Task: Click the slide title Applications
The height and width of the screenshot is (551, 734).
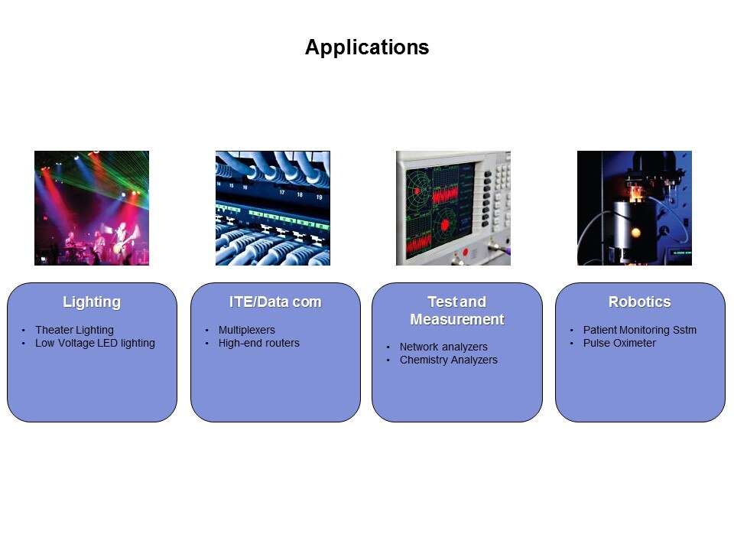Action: pos(367,47)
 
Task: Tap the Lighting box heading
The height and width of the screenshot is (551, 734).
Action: pos(92,302)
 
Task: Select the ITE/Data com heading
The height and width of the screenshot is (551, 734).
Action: pos(275,302)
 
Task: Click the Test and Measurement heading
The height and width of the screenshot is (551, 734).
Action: pos(457,310)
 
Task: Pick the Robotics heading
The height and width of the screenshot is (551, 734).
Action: pos(639,302)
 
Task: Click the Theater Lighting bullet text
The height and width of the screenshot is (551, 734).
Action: pos(74,330)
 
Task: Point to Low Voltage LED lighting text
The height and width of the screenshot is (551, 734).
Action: pos(95,343)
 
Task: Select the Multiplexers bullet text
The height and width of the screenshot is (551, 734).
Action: pos(247,330)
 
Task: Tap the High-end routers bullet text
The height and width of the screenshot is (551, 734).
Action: pos(259,343)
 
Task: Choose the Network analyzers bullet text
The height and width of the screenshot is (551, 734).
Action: pos(443,347)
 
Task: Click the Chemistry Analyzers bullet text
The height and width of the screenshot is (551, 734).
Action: pos(449,360)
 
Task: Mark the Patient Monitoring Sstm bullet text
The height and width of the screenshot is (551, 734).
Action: pos(639,330)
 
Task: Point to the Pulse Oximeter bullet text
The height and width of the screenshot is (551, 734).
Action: pos(619,343)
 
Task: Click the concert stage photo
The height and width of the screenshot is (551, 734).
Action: pos(92,208)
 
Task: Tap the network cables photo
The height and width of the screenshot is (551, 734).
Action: pos(273,208)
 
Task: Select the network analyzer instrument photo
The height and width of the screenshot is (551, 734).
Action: pos(453,208)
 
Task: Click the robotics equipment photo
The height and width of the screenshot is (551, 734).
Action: pos(635,208)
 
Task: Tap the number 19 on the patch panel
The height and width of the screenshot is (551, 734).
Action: pos(320,197)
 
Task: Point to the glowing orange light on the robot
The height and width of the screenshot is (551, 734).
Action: pos(635,232)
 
